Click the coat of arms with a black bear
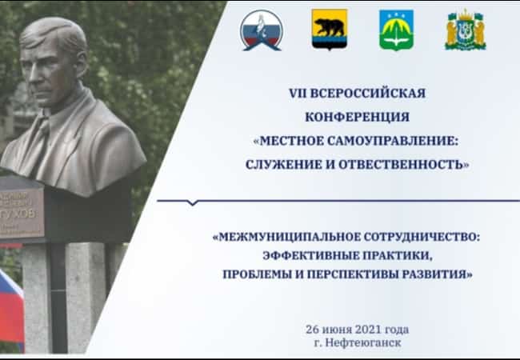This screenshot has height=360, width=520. coord(329,30)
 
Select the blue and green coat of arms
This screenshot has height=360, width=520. coord(396,30)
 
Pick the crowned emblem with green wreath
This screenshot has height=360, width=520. coord(465,30)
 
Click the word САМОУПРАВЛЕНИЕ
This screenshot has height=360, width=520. coord(392,141)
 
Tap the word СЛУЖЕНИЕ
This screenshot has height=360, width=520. coord(292,165)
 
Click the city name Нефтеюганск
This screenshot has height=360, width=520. coord(366,342)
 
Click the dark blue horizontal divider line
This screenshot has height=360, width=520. coord(336,200)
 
